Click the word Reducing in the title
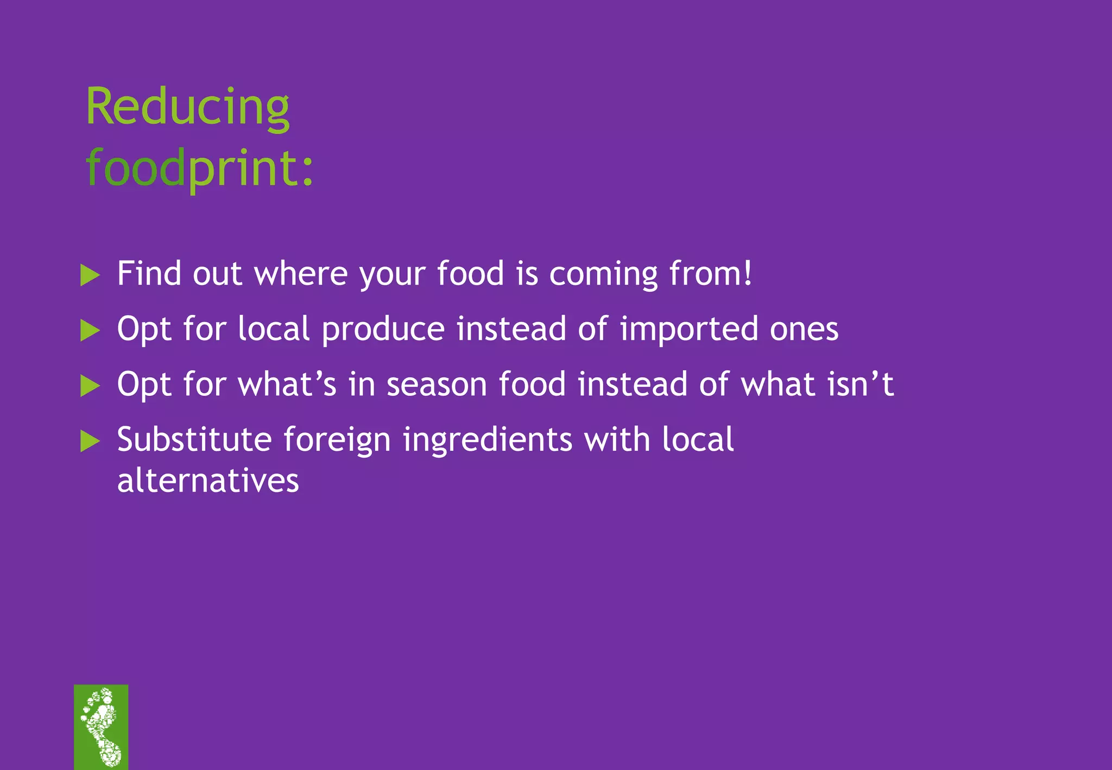point(187,107)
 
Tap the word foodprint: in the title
point(199,168)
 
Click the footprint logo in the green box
point(101,727)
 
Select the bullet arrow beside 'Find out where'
point(90,275)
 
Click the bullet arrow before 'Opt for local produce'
point(90,330)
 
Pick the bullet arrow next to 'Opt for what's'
point(90,386)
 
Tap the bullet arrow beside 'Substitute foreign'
point(90,441)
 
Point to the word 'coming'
point(603,274)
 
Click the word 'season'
point(437,384)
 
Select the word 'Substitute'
point(194,439)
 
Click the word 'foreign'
point(337,440)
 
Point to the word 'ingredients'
point(487,440)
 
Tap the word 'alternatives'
point(208,481)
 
